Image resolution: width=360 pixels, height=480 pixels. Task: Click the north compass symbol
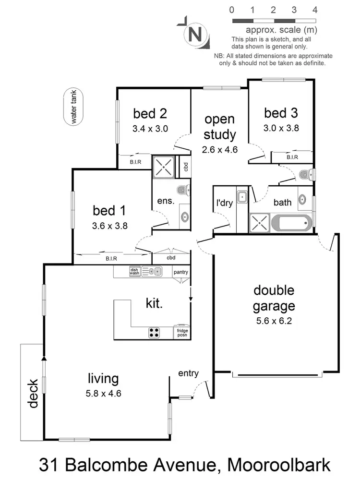tap(194, 34)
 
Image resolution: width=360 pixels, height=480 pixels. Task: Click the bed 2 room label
tap(150, 114)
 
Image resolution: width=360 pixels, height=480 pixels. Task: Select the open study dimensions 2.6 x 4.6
tap(219, 149)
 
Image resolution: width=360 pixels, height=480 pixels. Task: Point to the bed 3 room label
tap(281, 113)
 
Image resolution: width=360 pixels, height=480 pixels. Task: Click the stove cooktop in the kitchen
tap(154, 333)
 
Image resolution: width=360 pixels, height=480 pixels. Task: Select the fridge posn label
tap(182, 333)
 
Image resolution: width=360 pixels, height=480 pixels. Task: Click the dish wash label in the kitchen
tap(134, 272)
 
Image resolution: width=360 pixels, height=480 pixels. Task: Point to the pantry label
tap(181, 272)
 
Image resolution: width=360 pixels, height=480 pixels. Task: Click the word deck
tap(33, 394)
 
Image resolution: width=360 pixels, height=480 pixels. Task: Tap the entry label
tap(188, 373)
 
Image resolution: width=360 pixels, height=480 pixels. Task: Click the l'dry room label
tap(224, 203)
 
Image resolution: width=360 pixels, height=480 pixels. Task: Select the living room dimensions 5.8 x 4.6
tap(104, 394)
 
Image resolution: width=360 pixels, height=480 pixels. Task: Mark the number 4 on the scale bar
tap(315, 10)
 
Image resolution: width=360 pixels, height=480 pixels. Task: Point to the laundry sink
tap(242, 196)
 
